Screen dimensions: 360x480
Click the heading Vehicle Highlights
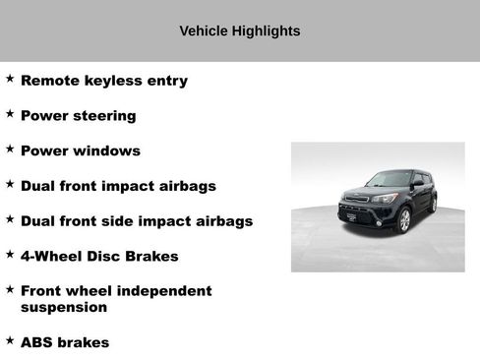click(x=240, y=30)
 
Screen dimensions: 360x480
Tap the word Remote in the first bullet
click(x=50, y=81)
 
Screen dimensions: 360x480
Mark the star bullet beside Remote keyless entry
click(x=10, y=79)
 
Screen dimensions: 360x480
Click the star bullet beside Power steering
click(x=10, y=114)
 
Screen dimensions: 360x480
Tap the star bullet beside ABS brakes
click(x=10, y=340)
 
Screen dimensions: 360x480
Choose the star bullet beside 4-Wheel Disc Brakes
click(x=10, y=254)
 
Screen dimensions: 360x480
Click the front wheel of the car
click(x=403, y=220)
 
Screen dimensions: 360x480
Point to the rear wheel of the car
click(x=433, y=206)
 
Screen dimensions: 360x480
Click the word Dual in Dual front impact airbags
click(x=39, y=186)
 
